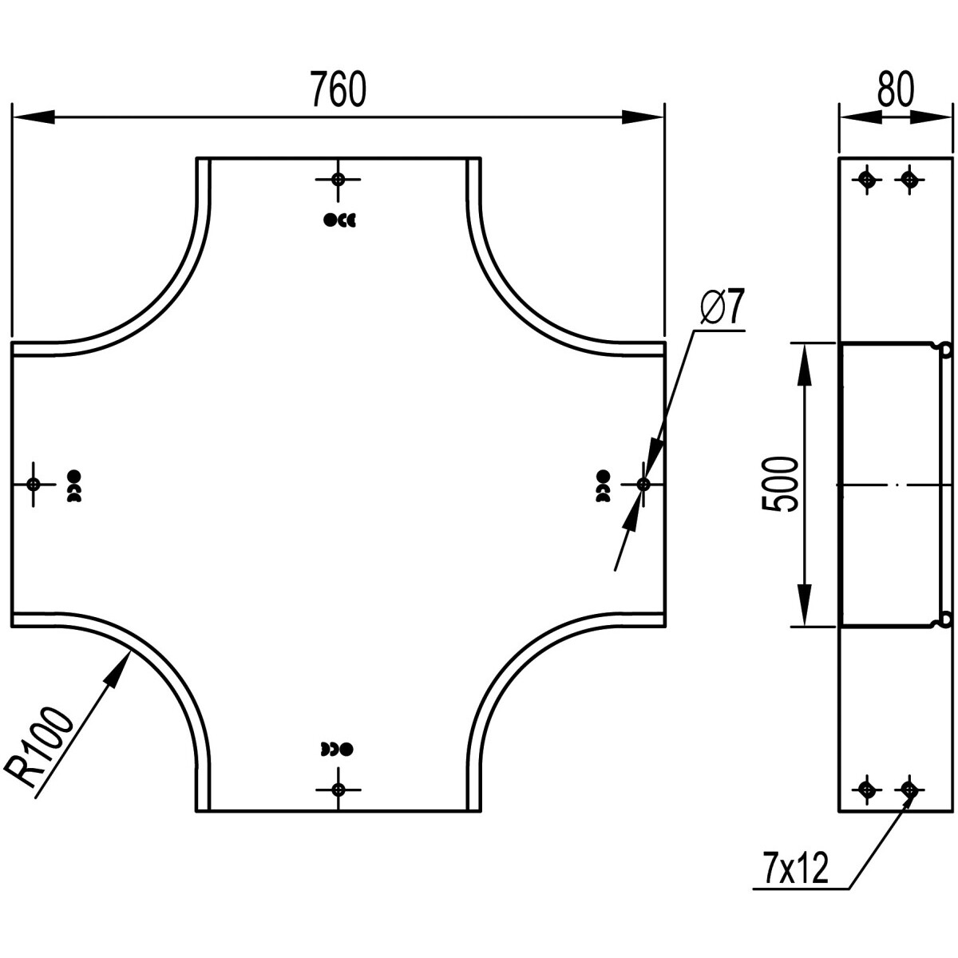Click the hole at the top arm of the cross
338,179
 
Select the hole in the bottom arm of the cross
338,790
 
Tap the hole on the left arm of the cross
34,484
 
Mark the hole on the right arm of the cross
643,484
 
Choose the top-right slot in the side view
908,180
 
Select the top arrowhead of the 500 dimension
805,362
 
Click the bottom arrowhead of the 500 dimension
805,608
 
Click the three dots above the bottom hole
336,749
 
